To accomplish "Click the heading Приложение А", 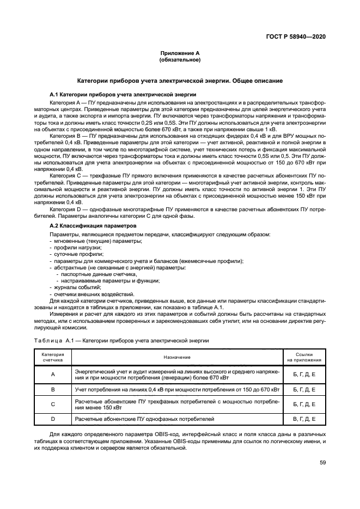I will (x=180, y=53).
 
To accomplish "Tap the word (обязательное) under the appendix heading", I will (x=180, y=59).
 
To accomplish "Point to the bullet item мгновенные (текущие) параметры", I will (x=90, y=241).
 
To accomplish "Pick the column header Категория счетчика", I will (x=53, y=357).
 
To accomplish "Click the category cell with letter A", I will (x=53, y=374).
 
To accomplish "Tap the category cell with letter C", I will (x=53, y=404).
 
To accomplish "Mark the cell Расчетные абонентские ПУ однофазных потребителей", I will (x=144, y=419).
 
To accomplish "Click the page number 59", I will (x=322, y=463).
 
